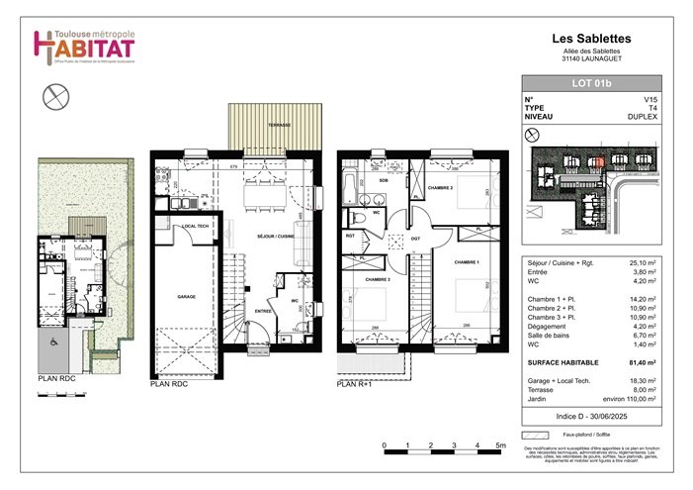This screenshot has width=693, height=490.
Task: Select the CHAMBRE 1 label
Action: pyautogui.click(x=467, y=262)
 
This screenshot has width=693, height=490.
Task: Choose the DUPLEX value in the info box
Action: pyautogui.click(x=643, y=117)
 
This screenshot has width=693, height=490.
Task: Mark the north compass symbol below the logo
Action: pyautogui.click(x=56, y=97)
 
